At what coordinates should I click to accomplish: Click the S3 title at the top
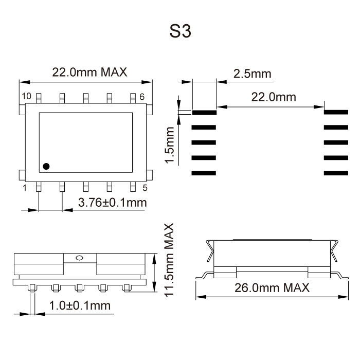click(x=180, y=32)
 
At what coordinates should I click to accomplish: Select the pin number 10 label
click(x=26, y=96)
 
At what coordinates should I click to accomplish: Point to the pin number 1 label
click(x=24, y=188)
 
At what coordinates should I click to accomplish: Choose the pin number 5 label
click(x=145, y=188)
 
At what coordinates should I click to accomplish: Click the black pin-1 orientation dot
click(x=46, y=166)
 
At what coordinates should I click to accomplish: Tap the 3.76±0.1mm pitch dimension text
click(x=112, y=203)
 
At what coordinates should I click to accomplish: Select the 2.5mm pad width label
click(x=252, y=74)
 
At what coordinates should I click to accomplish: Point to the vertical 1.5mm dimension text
click(x=170, y=146)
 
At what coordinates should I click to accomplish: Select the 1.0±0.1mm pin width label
click(x=80, y=305)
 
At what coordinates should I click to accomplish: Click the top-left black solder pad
click(x=204, y=111)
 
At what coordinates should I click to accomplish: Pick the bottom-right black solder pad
click(x=336, y=173)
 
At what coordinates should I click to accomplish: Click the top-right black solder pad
click(x=336, y=111)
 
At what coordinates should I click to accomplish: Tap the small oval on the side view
click(x=79, y=258)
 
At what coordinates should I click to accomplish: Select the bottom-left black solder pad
click(x=204, y=173)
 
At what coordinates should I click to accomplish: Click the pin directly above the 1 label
click(x=39, y=187)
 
